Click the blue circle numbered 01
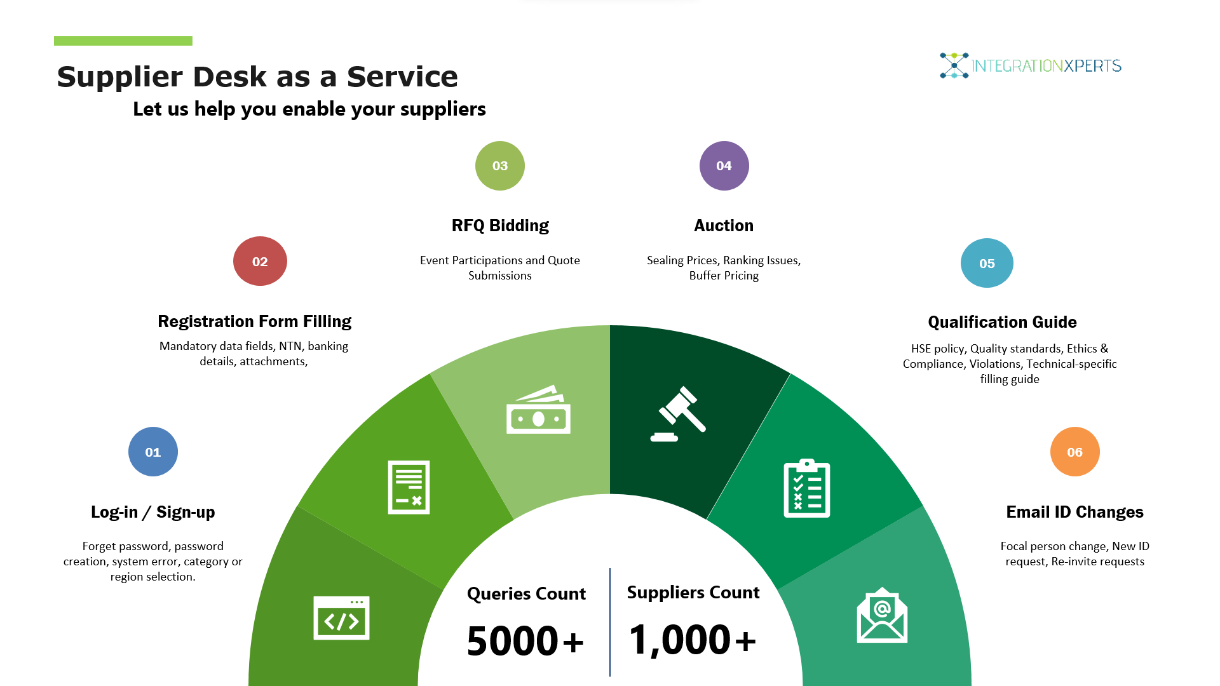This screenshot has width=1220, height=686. pyautogui.click(x=153, y=452)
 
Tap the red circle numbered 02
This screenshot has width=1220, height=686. pyautogui.click(x=260, y=261)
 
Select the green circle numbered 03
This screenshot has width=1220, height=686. pyautogui.click(x=500, y=166)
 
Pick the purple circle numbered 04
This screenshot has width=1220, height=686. pyautogui.click(x=724, y=166)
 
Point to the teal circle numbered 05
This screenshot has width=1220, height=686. pyautogui.click(x=987, y=263)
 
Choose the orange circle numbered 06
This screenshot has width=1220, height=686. pyautogui.click(x=1074, y=452)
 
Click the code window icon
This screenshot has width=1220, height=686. pyautogui.click(x=341, y=617)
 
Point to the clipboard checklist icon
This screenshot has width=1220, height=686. pyautogui.click(x=807, y=488)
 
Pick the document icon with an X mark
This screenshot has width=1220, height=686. pyautogui.click(x=409, y=487)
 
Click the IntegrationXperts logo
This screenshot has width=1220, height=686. pyautogui.click(x=1031, y=65)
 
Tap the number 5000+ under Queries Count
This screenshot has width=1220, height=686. pyautogui.click(x=525, y=640)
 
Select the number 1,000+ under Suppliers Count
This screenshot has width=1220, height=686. pyautogui.click(x=693, y=639)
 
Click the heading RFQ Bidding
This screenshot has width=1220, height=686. pyautogui.click(x=500, y=225)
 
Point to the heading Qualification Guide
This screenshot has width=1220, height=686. pyautogui.click(x=1002, y=322)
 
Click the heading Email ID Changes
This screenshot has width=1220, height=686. pyautogui.click(x=1074, y=512)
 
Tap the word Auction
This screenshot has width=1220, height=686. pyautogui.click(x=724, y=225)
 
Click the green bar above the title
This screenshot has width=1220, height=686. pyautogui.click(x=123, y=41)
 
